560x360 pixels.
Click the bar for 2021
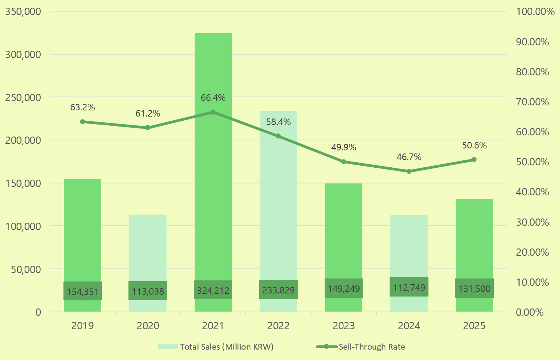coord(213,192)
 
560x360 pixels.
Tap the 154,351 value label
coord(83,292)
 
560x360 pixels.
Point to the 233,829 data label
coord(278,290)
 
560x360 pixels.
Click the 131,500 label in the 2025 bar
coord(474,288)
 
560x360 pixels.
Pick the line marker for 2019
coord(82,122)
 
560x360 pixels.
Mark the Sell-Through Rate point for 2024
coord(409,172)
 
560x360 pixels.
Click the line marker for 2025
coord(474,160)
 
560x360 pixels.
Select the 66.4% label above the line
coord(213,98)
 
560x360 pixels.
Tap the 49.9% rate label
coord(343,147)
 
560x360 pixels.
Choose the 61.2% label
coord(148,113)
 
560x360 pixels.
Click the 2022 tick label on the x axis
coord(278,326)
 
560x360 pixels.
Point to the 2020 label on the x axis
coord(148,326)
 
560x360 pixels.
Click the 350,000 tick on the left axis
coord(23,12)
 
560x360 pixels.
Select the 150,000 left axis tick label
coord(23,183)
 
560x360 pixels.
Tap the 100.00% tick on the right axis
coord(535,12)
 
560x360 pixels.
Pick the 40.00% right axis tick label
coord(533,192)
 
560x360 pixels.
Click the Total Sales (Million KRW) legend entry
coord(216,347)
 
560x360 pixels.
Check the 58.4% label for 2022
coord(278,122)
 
